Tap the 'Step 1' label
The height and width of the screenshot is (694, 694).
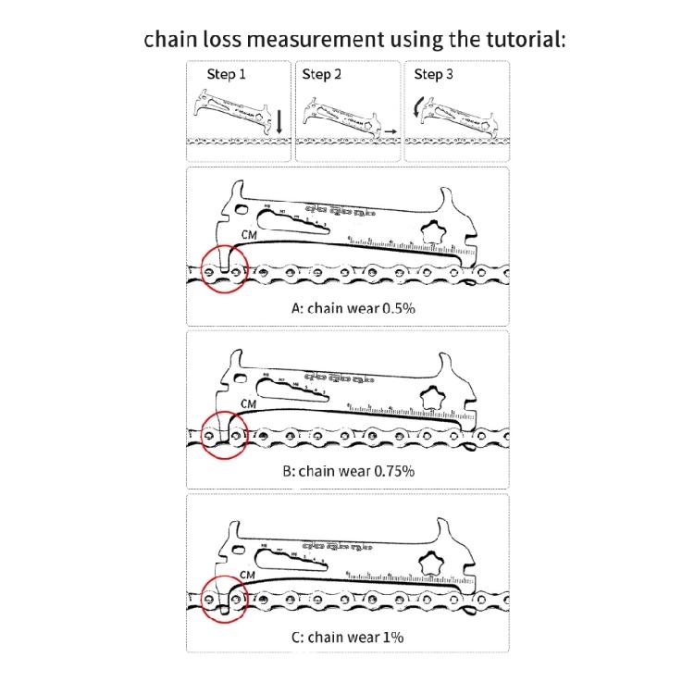tap(227, 74)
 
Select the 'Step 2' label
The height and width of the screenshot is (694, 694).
tap(321, 74)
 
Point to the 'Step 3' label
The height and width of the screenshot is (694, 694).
tap(433, 74)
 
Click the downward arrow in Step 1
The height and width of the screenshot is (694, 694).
tap(278, 118)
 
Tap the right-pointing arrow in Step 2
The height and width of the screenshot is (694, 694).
tap(391, 133)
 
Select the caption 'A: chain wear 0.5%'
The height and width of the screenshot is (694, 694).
tap(353, 307)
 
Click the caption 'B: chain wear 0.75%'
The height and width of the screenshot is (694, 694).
tap(348, 470)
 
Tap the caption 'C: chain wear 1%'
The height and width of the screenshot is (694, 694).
tap(347, 637)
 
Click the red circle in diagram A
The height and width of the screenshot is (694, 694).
tap(222, 269)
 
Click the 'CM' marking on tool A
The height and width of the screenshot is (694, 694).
tap(248, 235)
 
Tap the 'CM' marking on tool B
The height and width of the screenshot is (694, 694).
tap(248, 403)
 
